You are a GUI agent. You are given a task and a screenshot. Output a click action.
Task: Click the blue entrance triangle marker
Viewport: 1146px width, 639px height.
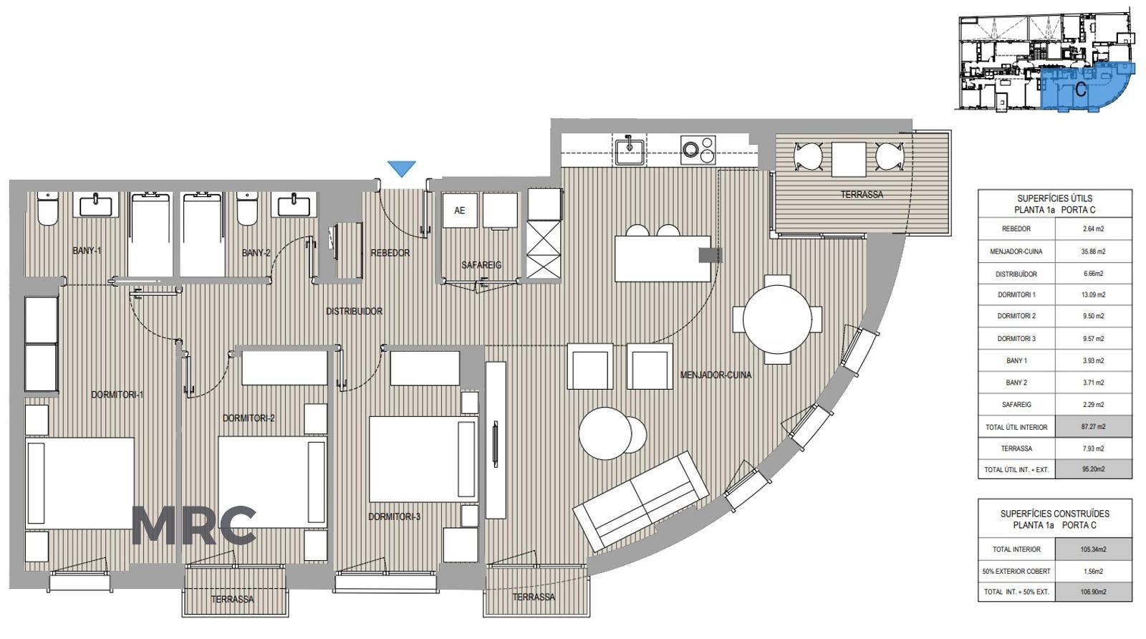(x=402, y=168)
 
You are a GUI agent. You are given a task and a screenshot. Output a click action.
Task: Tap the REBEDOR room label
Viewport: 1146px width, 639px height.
(x=390, y=253)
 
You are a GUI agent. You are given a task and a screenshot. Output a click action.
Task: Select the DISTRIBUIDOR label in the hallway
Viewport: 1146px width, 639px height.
(x=354, y=311)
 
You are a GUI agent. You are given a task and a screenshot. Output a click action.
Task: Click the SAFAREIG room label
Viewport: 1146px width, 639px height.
(x=481, y=265)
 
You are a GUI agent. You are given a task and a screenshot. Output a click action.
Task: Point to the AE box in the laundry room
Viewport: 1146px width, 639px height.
(x=459, y=211)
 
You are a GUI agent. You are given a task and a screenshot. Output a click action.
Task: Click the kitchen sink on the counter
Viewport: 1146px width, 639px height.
(x=630, y=150)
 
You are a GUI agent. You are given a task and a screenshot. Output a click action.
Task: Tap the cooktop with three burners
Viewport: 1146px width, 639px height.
(x=698, y=150)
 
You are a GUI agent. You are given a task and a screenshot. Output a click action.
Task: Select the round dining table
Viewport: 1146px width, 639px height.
(x=777, y=319)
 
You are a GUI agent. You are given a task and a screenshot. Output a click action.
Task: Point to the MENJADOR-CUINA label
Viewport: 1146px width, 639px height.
(x=716, y=375)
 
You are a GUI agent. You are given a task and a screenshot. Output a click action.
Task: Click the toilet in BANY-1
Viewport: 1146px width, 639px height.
(x=47, y=209)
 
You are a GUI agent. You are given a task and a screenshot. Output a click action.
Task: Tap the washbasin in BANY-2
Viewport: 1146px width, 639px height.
(x=294, y=205)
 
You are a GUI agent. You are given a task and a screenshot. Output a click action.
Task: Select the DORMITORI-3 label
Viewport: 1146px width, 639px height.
(x=395, y=517)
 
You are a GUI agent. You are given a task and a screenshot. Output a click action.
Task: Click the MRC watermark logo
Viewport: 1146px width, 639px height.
(x=194, y=525)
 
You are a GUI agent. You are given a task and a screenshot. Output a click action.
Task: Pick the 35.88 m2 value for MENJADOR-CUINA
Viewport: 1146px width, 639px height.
(x=1094, y=251)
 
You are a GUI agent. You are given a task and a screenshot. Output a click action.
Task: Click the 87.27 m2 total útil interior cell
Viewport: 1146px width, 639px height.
(x=1094, y=427)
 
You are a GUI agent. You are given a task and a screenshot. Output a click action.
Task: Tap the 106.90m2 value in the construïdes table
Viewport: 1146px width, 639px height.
(x=1094, y=592)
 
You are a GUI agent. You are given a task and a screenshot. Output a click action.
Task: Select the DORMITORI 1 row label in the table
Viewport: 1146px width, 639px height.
(x=1016, y=294)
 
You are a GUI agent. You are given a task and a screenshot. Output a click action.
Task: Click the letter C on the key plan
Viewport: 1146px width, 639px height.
(x=1081, y=90)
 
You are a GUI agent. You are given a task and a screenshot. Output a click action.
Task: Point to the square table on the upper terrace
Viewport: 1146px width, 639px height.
(x=849, y=160)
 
